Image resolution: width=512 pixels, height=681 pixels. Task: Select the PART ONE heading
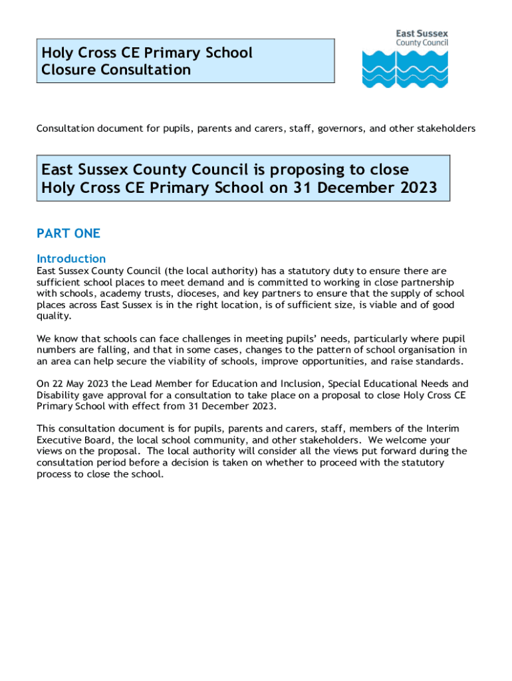coord(68,233)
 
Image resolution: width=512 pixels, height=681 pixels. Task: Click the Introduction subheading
coord(71,258)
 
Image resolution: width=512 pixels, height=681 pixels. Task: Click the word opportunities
coord(339,361)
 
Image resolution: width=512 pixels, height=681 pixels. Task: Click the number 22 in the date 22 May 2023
coord(59,384)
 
